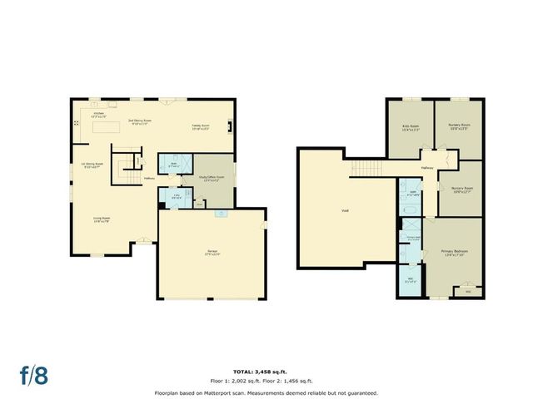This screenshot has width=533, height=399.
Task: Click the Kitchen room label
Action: point(97,113)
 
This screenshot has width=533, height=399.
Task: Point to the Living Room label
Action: point(102,218)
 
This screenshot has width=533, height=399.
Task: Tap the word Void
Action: point(344,210)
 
